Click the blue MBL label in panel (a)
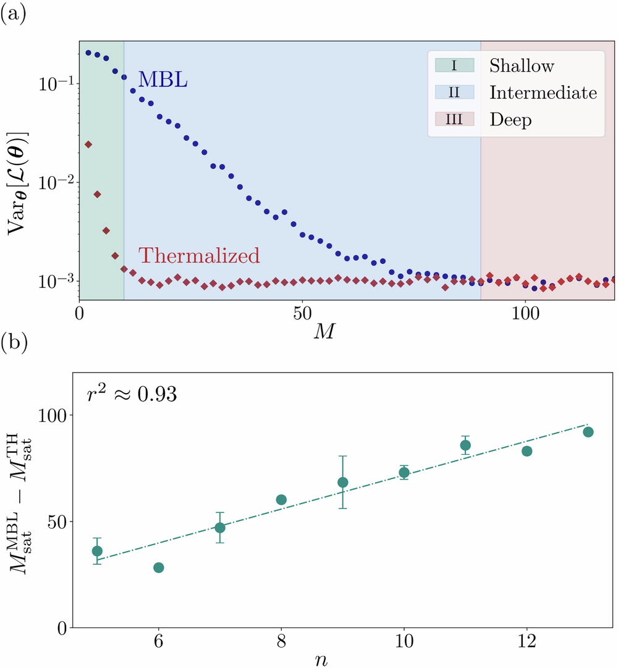tap(163, 79)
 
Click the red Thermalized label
tap(198, 255)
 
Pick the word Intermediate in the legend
tap(543, 93)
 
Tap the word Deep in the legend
tap(510, 120)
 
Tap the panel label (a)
tap(14, 13)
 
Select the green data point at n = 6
tap(158, 567)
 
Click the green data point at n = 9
tap(343, 482)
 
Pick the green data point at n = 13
tap(588, 432)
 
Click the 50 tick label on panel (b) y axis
tap(52, 522)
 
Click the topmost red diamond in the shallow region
tap(88, 144)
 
